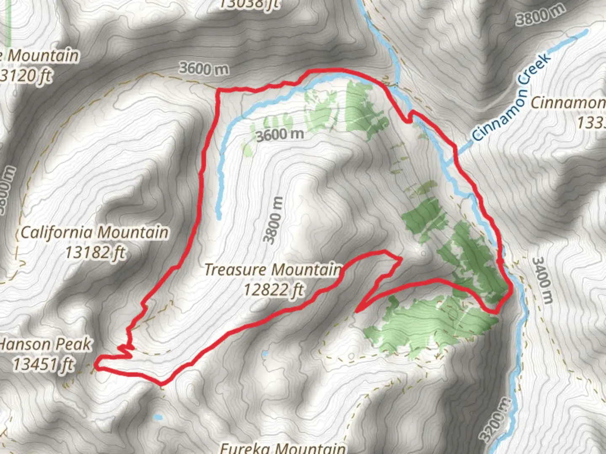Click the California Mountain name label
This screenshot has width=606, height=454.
tap(95, 232)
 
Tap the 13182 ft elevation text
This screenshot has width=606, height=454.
tap(96, 253)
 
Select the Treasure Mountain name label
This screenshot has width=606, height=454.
tap(273, 269)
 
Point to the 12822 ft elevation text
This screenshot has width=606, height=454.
tap(274, 290)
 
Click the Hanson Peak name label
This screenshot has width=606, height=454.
tap(44, 345)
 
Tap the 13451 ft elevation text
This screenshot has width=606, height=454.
tap(43, 364)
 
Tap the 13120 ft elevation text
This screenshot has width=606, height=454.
tap(26, 76)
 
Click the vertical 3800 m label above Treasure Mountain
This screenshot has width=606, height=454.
tap(273, 220)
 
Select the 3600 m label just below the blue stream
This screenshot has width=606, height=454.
tap(280, 135)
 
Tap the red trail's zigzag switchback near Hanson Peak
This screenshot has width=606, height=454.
tap(126, 349)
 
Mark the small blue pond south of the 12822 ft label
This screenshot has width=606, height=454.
tap(264, 354)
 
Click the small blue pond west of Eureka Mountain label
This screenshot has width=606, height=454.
tap(158, 417)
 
